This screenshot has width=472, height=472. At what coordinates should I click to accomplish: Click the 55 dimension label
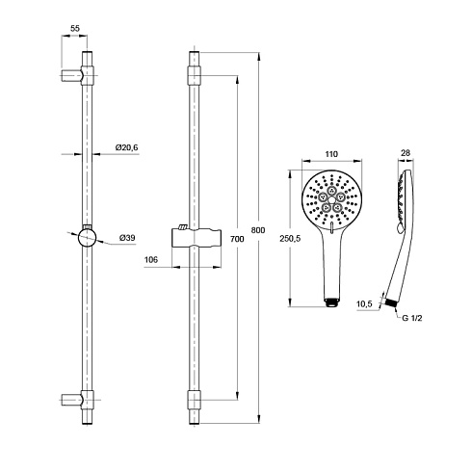coord(75,28)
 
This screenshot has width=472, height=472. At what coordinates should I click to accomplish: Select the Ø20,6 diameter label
coord(127,147)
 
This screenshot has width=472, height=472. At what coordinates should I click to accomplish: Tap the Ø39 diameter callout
coord(127,238)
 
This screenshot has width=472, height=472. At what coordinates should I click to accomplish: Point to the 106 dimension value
coord(151,259)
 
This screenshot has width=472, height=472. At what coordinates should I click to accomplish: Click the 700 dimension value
coord(237,239)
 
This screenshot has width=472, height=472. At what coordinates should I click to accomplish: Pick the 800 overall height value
coord(258,230)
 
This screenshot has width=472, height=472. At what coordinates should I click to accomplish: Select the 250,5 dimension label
coord(290,239)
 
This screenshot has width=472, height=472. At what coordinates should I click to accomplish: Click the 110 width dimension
coord(331,154)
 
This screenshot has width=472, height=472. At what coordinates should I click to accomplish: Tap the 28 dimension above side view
coord(406,153)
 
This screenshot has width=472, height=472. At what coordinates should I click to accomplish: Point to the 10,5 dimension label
coord(364,303)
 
